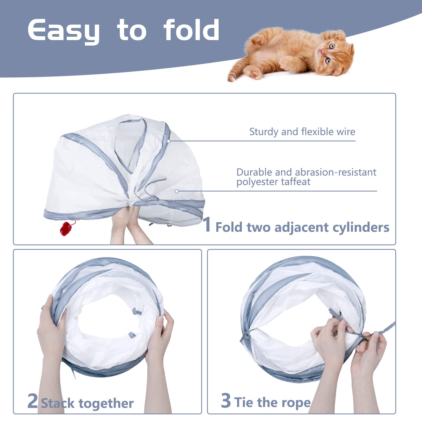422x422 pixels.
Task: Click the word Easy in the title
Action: coord(63,31)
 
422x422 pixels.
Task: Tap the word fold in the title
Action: coord(191,30)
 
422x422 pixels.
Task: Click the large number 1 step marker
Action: coord(207,224)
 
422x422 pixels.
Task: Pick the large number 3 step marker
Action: coord(226,401)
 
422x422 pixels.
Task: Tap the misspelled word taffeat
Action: coord(295,182)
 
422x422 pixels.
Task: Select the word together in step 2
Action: coord(106,403)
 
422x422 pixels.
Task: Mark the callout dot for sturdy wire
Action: coord(169,141)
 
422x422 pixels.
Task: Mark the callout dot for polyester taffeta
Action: coord(177,191)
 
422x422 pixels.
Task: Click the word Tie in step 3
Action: coord(244,402)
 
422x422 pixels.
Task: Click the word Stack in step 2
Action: coord(58,404)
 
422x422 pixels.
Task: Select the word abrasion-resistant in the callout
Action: coord(335,172)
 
